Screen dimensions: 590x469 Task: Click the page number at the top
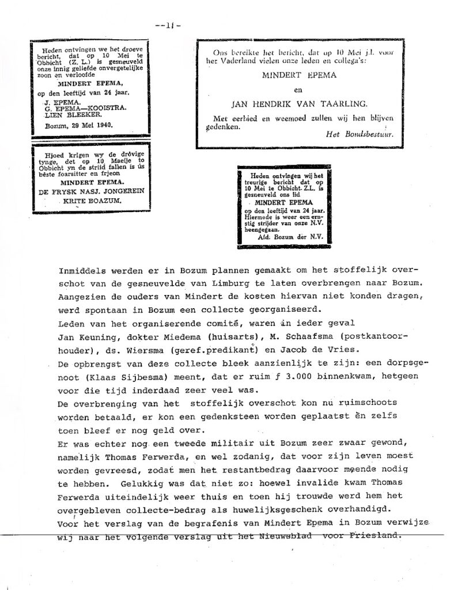(168, 25)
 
